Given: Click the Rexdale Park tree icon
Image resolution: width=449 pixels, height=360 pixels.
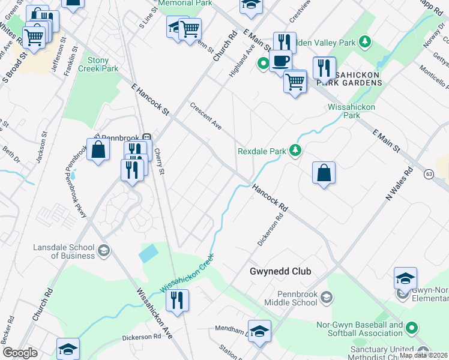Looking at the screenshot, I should pyautogui.click(x=295, y=151).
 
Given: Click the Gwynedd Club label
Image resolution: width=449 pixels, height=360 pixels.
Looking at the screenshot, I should pyautogui.click(x=280, y=272).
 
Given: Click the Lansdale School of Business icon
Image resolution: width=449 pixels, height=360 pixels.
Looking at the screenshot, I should pyautogui.click(x=104, y=250).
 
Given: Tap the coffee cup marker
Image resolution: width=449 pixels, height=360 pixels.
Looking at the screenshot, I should pyautogui.click(x=280, y=60).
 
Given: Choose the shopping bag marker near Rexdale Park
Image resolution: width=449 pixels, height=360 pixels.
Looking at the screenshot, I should pyautogui.click(x=324, y=173).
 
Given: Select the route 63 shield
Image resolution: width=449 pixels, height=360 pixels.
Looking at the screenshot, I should pyautogui.click(x=429, y=174).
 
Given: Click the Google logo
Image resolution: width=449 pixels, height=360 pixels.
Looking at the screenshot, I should pyautogui.click(x=20, y=353).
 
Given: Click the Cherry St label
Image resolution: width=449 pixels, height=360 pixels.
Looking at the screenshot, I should pyautogui.click(x=160, y=162).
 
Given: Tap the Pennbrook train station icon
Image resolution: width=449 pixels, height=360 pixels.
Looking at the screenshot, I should pyautogui.click(x=146, y=137).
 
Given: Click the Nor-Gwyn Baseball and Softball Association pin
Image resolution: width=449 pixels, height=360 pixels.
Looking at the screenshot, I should pyautogui.click(x=412, y=328).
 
